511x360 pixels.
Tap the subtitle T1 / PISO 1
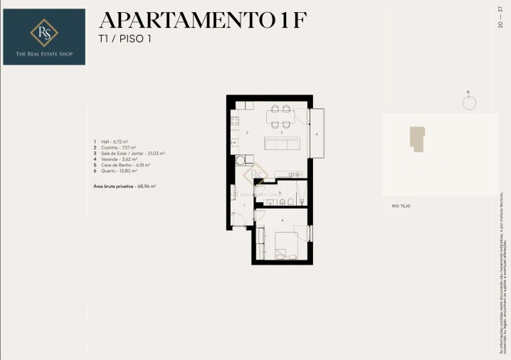tap(125, 39)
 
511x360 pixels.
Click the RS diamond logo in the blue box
tap(44, 32)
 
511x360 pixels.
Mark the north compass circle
tap(468, 102)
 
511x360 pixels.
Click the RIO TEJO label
tap(401, 206)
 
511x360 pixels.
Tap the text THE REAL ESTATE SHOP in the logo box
tap(44, 54)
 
